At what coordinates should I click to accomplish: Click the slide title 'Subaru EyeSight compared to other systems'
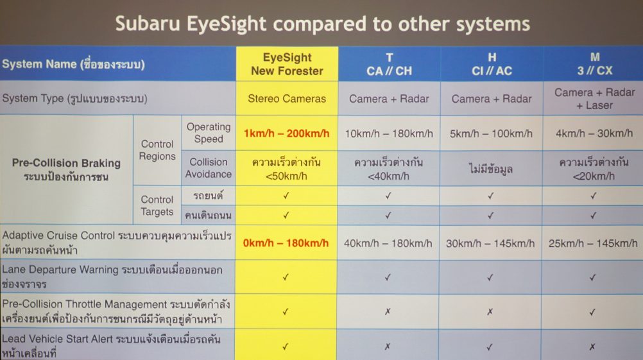click(x=322, y=24)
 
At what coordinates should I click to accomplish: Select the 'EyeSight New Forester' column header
click(x=287, y=64)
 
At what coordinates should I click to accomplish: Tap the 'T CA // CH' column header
click(x=389, y=64)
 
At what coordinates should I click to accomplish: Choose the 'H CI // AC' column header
click(x=492, y=64)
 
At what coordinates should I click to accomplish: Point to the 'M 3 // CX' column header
click(x=595, y=64)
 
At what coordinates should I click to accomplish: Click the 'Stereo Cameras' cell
click(x=287, y=98)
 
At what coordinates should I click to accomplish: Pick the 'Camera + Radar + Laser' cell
click(x=595, y=99)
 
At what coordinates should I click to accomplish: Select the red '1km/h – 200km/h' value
click(x=286, y=133)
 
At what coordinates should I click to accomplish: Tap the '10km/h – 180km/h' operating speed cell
click(x=389, y=133)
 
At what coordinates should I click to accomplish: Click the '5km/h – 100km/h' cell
click(x=491, y=133)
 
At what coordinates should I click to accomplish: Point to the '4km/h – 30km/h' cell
click(x=594, y=133)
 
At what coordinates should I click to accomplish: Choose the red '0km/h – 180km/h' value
click(x=286, y=243)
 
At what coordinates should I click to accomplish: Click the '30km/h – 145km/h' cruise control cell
click(x=490, y=244)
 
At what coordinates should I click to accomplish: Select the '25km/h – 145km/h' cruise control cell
click(x=593, y=244)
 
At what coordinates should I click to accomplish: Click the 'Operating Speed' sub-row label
click(x=209, y=133)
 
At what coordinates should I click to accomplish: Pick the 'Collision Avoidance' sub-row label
click(x=209, y=168)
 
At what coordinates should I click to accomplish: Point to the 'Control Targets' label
click(x=157, y=205)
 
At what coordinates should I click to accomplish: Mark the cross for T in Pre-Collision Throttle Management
click(x=388, y=312)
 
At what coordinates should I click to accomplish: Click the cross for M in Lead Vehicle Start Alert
click(x=592, y=347)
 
